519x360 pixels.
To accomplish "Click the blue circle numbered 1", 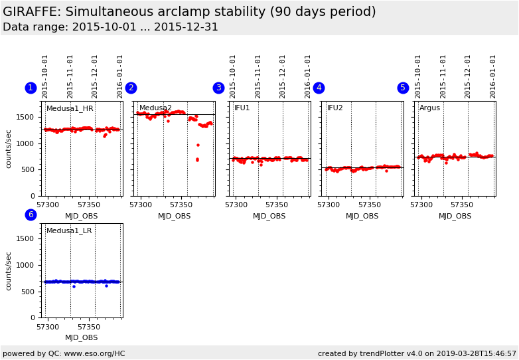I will pos(31,88).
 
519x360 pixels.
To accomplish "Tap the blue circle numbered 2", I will pos(131,88).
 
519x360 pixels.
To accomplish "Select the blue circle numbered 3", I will pos(218,88).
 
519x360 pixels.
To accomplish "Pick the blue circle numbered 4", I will pos(319,88).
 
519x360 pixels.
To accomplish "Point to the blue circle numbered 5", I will pos(403,88).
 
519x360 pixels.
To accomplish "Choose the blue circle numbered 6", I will pos(31,215).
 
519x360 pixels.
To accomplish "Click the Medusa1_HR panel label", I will pos(70,108).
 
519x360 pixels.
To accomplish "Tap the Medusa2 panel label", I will pos(155,108).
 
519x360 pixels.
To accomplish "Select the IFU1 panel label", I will pos(242,108).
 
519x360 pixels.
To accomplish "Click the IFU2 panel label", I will pos(335,108).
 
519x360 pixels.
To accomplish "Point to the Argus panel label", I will pos(429,108).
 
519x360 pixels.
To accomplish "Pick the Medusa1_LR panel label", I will pos(69,230).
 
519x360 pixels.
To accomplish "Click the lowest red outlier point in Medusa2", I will pos(197,160).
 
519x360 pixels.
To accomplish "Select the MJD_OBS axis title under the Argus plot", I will pos(455,216).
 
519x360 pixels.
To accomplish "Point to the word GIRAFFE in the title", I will pos(33,12).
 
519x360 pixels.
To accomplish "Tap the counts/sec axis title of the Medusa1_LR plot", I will pos(9,270).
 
